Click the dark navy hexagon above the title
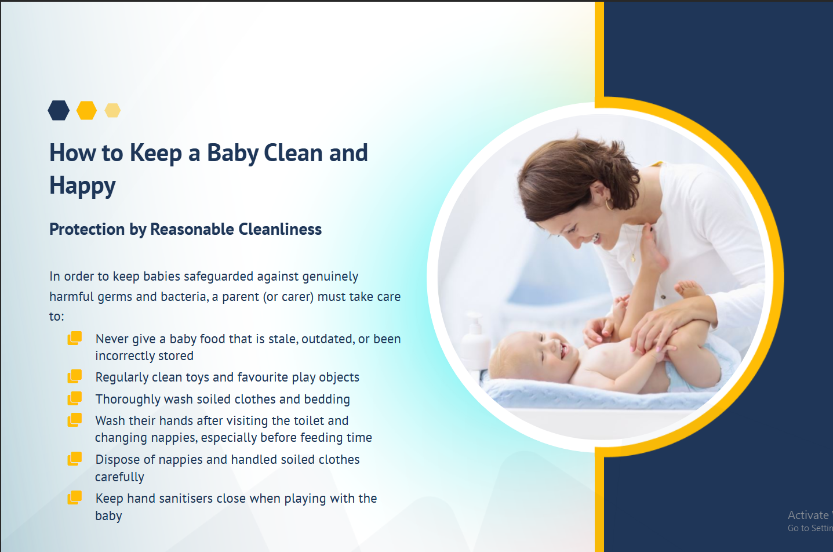pyautogui.click(x=59, y=111)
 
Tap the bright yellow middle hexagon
pyautogui.click(x=86, y=111)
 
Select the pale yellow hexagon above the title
pyautogui.click(x=112, y=111)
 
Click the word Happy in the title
pyautogui.click(x=82, y=186)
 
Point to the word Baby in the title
pyautogui.click(x=233, y=153)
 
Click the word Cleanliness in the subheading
pyautogui.click(x=280, y=229)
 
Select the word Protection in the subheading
pyautogui.click(x=87, y=229)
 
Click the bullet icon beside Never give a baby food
pyautogui.click(x=74, y=338)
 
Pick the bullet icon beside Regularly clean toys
pyautogui.click(x=74, y=376)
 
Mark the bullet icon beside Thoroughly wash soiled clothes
pyautogui.click(x=74, y=398)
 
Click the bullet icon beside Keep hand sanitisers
pyautogui.click(x=74, y=497)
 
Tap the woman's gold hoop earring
pyautogui.click(x=609, y=204)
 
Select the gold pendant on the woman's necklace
pyautogui.click(x=633, y=257)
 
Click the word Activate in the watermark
pyautogui.click(x=807, y=515)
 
